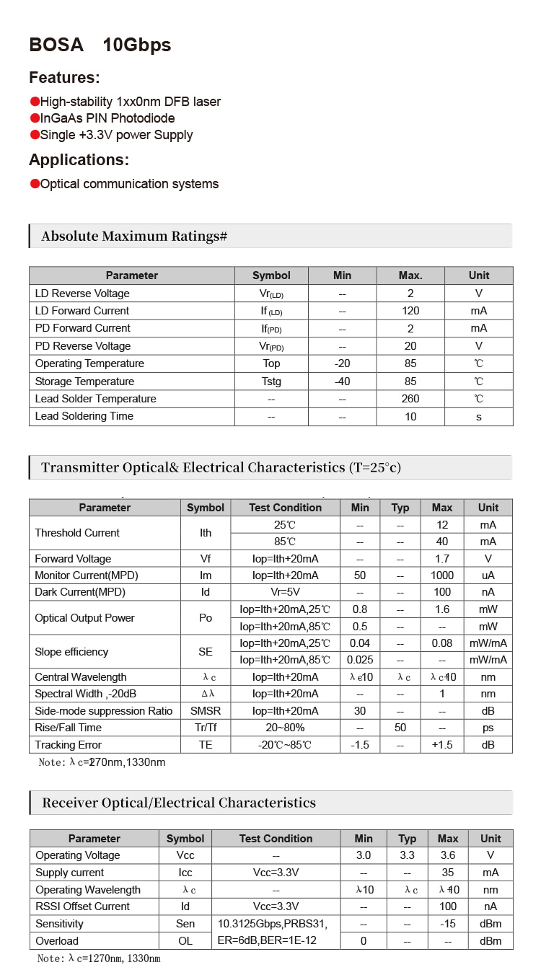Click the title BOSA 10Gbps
pos(100,45)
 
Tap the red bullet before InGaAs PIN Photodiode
pos(35,118)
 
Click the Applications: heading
pos(79,159)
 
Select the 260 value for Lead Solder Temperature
pos(410,399)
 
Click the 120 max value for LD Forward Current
pos(410,311)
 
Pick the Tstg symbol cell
pos(271,381)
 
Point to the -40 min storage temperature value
pos(342,381)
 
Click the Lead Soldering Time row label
pos(84,416)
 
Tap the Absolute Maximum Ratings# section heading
pos(134,237)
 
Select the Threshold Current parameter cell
pos(77,533)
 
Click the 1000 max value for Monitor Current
pos(442,575)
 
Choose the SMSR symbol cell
pos(206,711)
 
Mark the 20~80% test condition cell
pos(285,728)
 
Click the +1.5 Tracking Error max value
pos(442,745)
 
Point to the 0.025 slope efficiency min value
pos(360,660)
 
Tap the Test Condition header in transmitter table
pos(285,508)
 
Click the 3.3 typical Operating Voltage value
pos(408,855)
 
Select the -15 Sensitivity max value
pos(448,924)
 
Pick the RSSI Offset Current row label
pos(83,906)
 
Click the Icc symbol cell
pos(185,873)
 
